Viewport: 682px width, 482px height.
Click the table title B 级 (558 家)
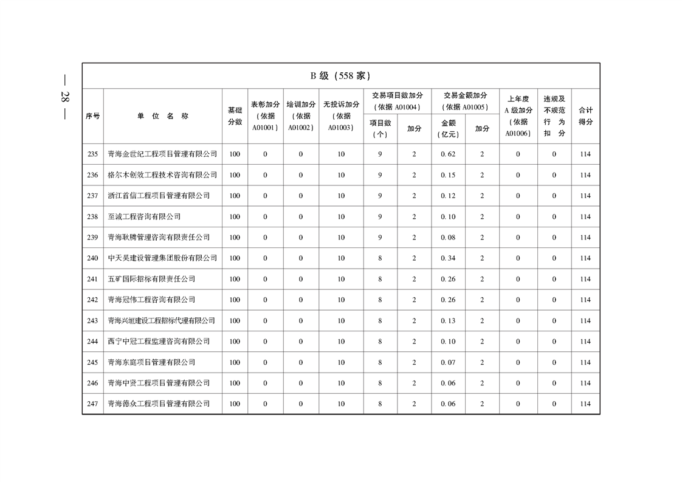click(340, 76)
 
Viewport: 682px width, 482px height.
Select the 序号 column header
click(92, 116)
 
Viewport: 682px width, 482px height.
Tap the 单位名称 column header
click(162, 116)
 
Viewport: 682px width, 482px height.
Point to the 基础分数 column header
click(235, 116)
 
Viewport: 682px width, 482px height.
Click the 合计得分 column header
click(585, 116)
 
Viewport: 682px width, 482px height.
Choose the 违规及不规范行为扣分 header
click(554, 116)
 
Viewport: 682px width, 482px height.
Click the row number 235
click(92, 154)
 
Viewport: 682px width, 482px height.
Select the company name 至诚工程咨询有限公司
click(144, 217)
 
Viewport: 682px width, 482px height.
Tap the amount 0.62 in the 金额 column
click(448, 154)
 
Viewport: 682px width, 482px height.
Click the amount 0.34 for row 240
click(448, 258)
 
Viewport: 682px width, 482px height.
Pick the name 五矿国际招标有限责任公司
click(151, 279)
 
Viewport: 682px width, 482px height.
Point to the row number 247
click(92, 404)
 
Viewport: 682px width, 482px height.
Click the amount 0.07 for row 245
click(448, 363)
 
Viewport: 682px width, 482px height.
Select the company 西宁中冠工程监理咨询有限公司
click(159, 342)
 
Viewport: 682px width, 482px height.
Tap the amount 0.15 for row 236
click(448, 175)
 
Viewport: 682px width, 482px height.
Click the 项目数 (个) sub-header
click(381, 129)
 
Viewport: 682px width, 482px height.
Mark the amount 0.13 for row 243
click(448, 321)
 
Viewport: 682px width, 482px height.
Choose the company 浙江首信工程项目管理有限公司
click(159, 196)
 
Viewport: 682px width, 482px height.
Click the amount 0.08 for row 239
click(448, 238)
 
